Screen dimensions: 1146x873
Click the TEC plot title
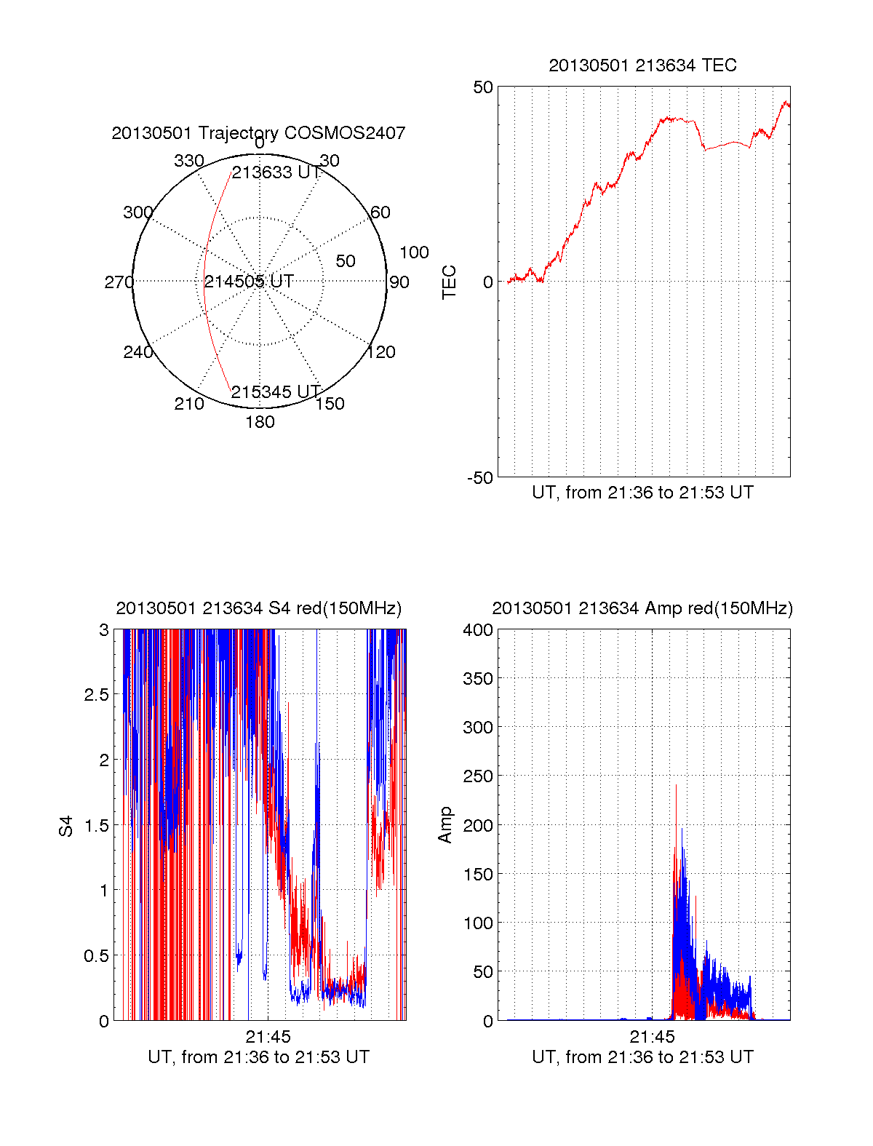642,65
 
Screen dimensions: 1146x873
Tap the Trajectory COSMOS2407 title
258,133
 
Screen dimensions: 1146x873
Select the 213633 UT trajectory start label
276,172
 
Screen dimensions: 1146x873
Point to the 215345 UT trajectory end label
276,392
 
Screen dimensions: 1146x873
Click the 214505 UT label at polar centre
249,282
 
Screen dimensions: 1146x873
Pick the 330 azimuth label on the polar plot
189,161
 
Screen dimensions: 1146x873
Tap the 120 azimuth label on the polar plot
380,352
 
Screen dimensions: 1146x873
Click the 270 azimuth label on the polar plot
119,282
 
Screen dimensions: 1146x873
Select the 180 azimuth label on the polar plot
260,422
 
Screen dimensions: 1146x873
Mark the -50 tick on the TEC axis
480,478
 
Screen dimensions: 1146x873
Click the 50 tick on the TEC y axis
483,87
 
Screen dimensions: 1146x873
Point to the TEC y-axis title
450,282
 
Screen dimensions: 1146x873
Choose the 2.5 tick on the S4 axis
97,695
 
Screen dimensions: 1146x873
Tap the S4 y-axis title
66,826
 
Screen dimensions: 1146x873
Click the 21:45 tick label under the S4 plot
268,1037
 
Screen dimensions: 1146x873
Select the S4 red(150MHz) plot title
258,608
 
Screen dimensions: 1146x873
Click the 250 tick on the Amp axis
478,776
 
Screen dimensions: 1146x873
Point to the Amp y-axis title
445,824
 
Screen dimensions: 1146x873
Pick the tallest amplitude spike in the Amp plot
677,786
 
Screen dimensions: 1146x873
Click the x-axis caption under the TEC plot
642,493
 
